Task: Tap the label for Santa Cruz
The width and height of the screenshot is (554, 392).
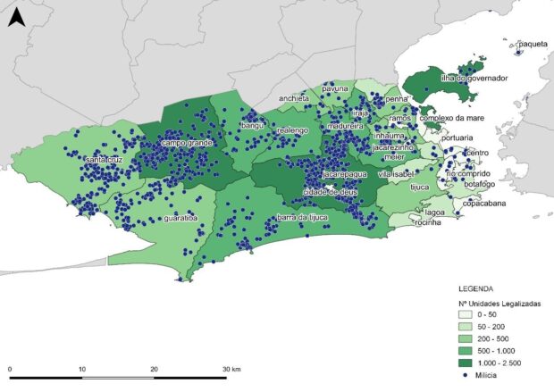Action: click(105, 160)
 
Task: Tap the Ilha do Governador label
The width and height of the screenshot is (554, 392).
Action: click(474, 79)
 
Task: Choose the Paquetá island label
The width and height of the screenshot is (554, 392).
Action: click(533, 43)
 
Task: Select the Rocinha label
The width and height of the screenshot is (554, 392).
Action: click(428, 222)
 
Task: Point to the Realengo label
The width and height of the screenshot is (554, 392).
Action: click(292, 130)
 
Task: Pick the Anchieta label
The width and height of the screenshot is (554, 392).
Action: click(293, 98)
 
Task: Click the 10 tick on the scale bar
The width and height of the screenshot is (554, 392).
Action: click(81, 368)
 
